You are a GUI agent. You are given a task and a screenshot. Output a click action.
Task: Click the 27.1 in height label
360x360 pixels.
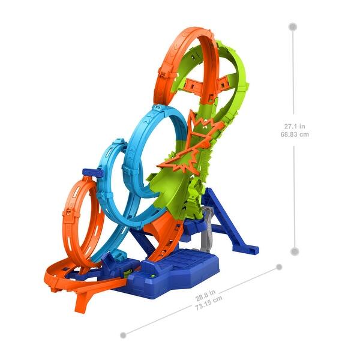(295, 126)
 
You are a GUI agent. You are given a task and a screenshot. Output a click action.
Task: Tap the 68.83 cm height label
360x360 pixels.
(295, 134)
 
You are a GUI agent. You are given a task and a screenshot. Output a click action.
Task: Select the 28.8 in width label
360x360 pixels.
(205, 295)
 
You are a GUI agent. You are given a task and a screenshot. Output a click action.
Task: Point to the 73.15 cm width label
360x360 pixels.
(209, 303)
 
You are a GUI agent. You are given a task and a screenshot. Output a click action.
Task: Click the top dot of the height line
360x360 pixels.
(293, 27)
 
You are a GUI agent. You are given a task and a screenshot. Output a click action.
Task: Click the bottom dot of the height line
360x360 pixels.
(295, 251)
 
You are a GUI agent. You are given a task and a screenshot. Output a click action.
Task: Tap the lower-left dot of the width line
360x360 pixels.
(123, 335)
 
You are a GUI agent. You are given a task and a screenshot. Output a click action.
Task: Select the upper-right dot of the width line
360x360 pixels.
(279, 267)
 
